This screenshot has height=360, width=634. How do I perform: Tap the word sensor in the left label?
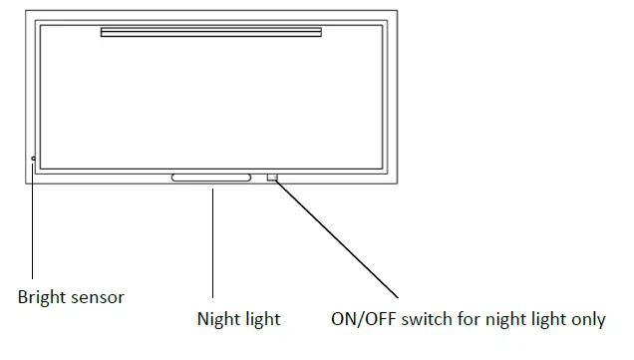pos(96,296)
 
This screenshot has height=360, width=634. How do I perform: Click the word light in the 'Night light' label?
pos(261,319)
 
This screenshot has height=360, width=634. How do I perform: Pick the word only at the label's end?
pos(584,319)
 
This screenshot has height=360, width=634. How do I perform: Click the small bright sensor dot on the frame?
pos(33,159)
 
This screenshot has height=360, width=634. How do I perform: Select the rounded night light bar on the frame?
pos(211,178)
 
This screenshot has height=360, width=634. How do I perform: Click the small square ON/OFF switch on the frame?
pos(272,178)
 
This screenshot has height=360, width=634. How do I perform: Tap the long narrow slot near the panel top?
pos(211,33)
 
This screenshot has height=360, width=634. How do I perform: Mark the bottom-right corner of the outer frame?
pos(398,185)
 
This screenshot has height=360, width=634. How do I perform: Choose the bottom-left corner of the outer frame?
pos(26,185)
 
